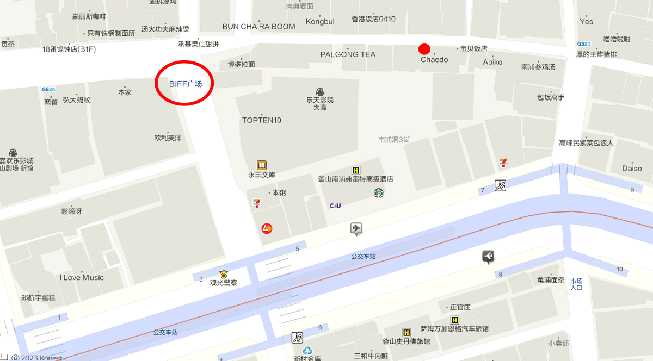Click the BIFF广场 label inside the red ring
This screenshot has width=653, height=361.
click(x=185, y=84)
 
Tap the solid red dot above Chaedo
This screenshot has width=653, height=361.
click(x=424, y=49)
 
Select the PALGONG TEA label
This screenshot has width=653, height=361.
click(x=348, y=54)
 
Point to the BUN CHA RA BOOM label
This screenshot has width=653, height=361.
click(x=259, y=27)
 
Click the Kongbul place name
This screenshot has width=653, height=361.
click(x=320, y=22)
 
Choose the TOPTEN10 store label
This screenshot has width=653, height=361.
click(x=262, y=120)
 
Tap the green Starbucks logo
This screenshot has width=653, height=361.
click(x=379, y=192)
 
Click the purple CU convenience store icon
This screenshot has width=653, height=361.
click(x=335, y=206)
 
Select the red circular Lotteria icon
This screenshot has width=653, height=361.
click(x=267, y=228)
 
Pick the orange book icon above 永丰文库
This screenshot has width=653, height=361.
click(x=262, y=165)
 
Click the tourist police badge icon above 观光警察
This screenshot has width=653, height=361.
click(x=223, y=275)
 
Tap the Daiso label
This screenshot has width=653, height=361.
click(x=632, y=169)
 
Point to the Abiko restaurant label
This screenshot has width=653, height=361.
click(x=492, y=62)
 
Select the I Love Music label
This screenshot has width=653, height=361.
click(x=82, y=278)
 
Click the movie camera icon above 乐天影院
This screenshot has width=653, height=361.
click(x=319, y=91)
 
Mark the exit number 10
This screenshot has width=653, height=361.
click(x=620, y=270)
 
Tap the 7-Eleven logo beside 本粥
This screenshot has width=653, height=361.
click(x=256, y=203)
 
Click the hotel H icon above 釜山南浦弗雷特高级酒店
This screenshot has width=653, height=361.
click(x=356, y=170)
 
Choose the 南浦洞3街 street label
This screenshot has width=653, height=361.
click(x=394, y=140)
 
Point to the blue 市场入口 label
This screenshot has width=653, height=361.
click(x=576, y=284)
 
